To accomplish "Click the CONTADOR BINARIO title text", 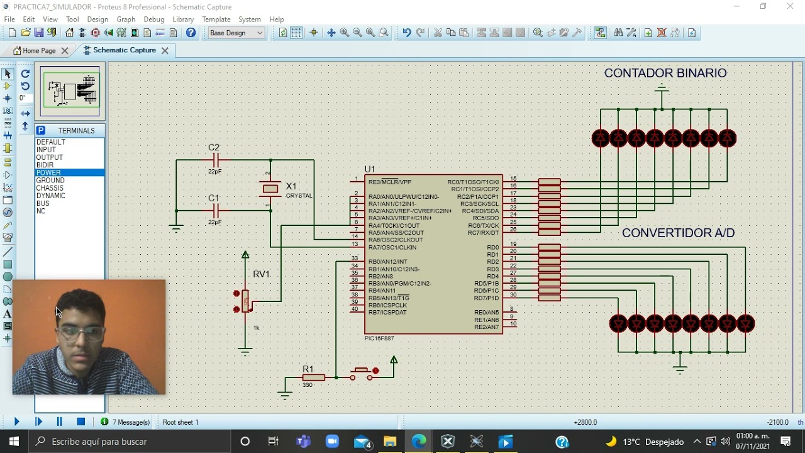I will click(x=665, y=73).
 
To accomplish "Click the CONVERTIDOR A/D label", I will click(x=678, y=233).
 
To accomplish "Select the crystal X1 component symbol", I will click(x=270, y=189).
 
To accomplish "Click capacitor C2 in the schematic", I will click(x=215, y=160).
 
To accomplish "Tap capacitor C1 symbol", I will click(x=215, y=211).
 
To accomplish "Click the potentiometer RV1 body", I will click(x=245, y=301).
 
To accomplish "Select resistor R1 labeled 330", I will click(x=313, y=377).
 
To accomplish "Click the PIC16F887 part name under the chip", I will click(x=379, y=338).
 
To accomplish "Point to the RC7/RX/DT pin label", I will click(x=483, y=233).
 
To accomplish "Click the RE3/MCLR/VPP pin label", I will click(x=390, y=182).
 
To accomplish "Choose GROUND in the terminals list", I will click(x=50, y=181).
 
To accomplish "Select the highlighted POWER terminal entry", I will click(x=48, y=173).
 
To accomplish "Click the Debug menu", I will click(x=153, y=20).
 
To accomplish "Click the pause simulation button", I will click(x=59, y=422).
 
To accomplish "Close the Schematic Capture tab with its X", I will click(x=165, y=50).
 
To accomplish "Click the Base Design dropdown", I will click(x=236, y=33).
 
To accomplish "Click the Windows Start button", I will click(x=14, y=442).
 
